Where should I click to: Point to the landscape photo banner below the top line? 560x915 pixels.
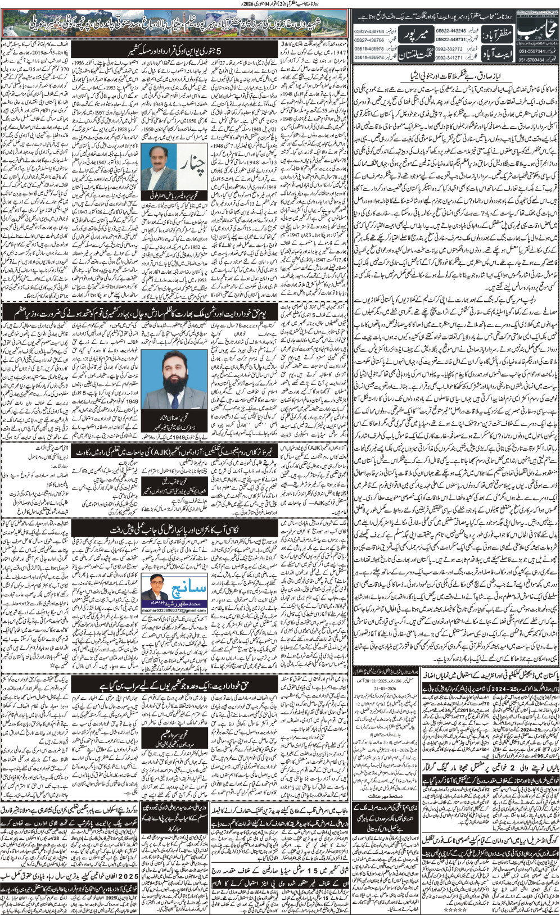[174, 24]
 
